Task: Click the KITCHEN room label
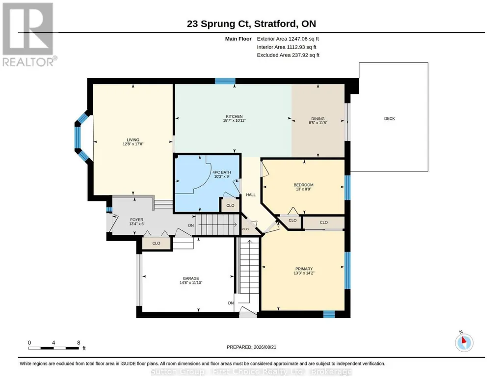(234, 116)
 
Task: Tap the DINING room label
(318, 119)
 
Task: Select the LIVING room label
(133, 140)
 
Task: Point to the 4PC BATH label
(222, 172)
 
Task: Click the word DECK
(390, 119)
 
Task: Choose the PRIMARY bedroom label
(304, 269)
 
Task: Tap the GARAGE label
(191, 278)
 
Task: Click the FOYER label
(136, 220)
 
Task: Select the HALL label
(251, 195)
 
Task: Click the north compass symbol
(464, 342)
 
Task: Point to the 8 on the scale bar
(79, 343)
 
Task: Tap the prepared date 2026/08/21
(265, 347)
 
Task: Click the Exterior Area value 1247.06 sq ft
(304, 39)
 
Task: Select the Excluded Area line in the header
(288, 55)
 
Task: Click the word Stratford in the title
(276, 24)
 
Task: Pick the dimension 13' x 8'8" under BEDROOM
(303, 190)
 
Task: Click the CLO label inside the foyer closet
(156, 243)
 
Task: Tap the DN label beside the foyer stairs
(191, 225)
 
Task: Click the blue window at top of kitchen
(225, 81)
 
